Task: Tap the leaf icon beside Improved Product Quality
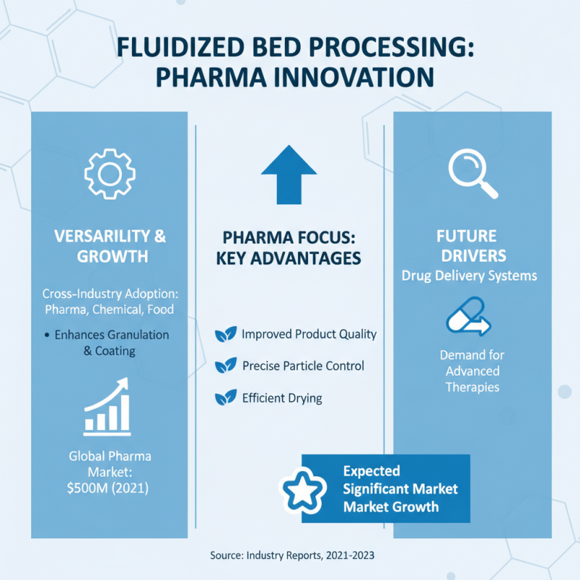(x=225, y=334)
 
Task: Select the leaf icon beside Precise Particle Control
(x=225, y=366)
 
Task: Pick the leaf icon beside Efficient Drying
(x=225, y=397)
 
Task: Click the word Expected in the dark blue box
(x=371, y=471)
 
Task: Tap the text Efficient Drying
(x=282, y=398)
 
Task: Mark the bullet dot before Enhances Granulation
(x=47, y=335)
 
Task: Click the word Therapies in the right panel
(x=472, y=387)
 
